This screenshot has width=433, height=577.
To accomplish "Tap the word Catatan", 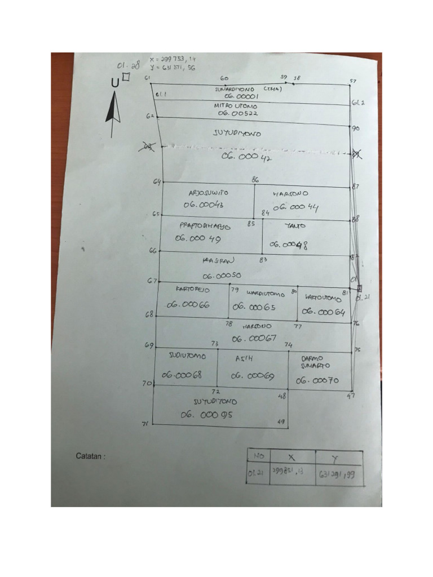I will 90,456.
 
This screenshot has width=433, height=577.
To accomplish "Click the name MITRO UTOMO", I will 235,105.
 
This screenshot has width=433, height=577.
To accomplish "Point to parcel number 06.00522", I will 237,113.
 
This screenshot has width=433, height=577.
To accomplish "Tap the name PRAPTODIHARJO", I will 205,225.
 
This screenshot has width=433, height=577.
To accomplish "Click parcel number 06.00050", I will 222,276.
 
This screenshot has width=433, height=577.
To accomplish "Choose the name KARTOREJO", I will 193,289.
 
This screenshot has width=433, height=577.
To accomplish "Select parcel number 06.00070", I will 317,381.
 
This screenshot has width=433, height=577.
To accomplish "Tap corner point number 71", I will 145,424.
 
